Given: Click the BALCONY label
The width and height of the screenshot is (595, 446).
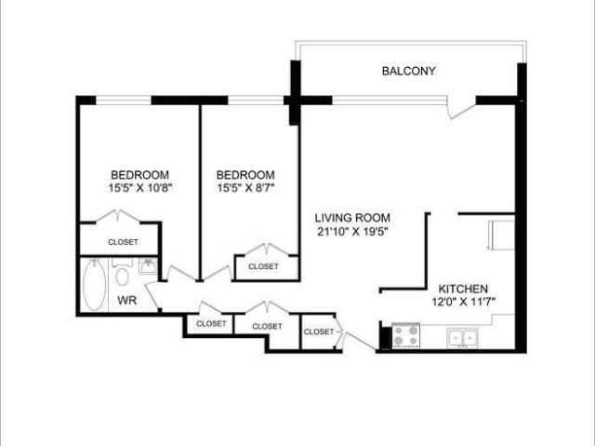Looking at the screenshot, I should click(408, 71).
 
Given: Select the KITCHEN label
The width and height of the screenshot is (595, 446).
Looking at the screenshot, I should click(463, 290).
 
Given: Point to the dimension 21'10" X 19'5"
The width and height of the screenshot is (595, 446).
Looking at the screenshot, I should click(351, 231).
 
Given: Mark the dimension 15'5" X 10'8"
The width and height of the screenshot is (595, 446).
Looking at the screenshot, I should click(140, 187).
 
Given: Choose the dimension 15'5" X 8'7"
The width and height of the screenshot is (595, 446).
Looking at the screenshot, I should click(245, 187).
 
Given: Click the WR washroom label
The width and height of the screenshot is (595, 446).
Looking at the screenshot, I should click(126, 301).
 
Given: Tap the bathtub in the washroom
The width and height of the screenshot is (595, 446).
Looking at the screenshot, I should click(95, 286).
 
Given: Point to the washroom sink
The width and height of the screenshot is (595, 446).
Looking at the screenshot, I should click(148, 268).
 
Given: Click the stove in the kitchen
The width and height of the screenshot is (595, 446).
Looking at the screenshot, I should click(405, 335).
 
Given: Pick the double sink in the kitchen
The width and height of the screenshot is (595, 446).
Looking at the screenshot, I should click(462, 338).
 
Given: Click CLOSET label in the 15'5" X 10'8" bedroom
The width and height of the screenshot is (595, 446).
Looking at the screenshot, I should click(123, 242).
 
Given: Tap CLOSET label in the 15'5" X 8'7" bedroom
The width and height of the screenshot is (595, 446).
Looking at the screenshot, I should click(263, 266).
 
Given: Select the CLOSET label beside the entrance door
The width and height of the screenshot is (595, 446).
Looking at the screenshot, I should click(319, 331).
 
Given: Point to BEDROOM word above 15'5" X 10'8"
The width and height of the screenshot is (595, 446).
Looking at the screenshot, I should click(140, 174).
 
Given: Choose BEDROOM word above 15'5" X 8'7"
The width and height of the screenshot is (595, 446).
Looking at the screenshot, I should click(245, 174).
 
